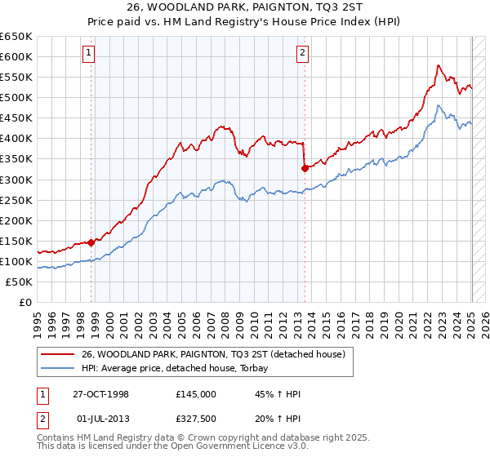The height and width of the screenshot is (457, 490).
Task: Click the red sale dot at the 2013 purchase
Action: tap(305, 168)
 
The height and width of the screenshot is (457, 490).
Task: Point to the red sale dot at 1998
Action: tap(91, 242)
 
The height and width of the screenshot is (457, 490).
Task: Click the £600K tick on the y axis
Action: tap(18, 57)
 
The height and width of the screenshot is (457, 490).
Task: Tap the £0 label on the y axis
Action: tap(25, 302)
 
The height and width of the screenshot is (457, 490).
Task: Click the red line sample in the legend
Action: tap(58, 354)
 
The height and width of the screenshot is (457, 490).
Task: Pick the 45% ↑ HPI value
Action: tap(278, 394)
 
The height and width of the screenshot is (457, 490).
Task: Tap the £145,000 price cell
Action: tap(196, 394)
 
